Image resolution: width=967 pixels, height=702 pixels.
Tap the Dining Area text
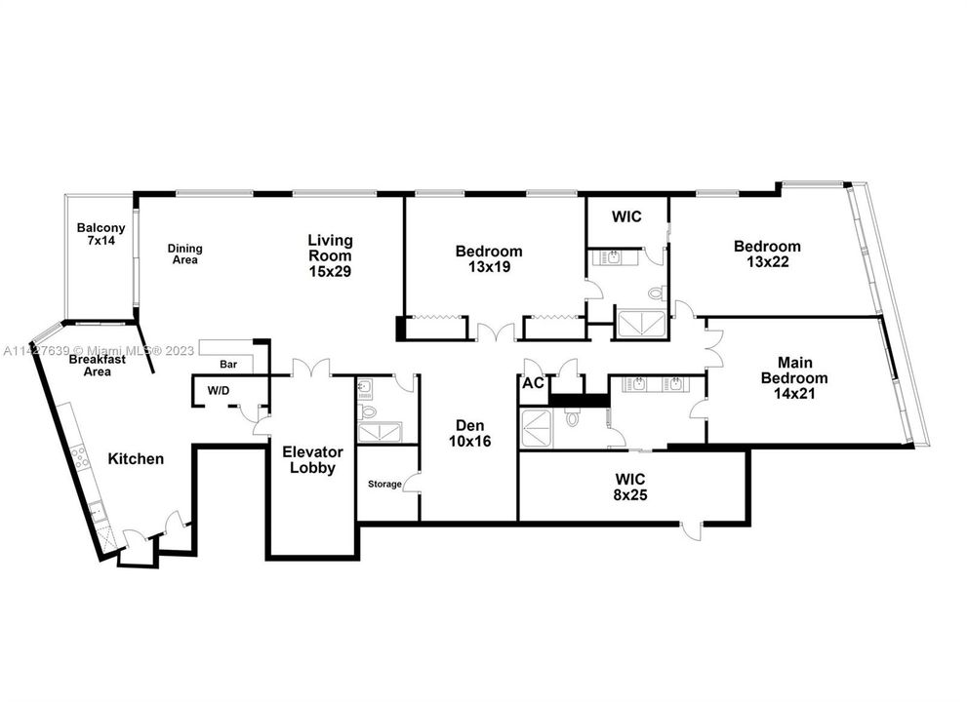click(x=183, y=253)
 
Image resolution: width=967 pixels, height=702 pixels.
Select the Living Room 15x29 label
click(x=330, y=255)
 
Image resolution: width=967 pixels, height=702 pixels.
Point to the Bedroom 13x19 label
click(x=489, y=258)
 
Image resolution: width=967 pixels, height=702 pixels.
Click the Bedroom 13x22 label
click(x=767, y=253)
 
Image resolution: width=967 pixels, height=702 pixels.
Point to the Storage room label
click(x=384, y=484)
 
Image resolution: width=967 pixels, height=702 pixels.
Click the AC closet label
click(x=534, y=383)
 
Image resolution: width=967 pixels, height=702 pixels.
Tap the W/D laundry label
click(x=218, y=390)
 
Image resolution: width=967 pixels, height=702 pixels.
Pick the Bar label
click(x=228, y=364)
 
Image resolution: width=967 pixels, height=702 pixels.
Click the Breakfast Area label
click(x=96, y=365)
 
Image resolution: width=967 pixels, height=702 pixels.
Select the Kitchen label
click(x=136, y=458)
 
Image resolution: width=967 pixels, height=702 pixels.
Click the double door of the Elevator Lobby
click(x=312, y=369)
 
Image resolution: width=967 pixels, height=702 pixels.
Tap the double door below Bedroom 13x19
click(x=494, y=332)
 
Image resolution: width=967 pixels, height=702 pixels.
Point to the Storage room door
click(x=413, y=481)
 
